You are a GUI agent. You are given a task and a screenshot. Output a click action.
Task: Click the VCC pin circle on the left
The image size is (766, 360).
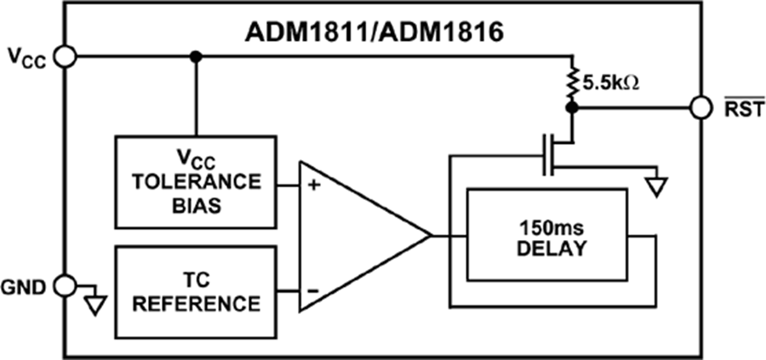tap(65, 56)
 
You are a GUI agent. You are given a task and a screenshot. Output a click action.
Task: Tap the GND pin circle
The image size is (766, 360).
tap(65, 286)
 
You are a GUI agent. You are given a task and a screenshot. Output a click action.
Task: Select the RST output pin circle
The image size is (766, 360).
tap(700, 109)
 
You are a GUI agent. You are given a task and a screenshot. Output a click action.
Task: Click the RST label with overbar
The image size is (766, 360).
tap(738, 109)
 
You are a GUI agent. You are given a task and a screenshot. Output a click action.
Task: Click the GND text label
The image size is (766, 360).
tap(26, 286)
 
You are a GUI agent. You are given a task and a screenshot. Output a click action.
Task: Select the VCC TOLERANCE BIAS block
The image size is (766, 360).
tap(195, 181)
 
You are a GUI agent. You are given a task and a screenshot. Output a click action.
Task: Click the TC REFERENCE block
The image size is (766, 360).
tap(195, 291)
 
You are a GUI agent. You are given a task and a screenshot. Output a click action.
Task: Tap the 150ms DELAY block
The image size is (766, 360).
tap(553, 236)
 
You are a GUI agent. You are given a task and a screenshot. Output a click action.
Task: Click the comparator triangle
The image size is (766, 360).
tap(357, 236)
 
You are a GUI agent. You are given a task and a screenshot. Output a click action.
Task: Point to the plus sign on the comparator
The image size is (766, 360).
tap(312, 182)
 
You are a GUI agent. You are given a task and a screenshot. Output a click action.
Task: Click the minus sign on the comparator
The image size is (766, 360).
tap(312, 290)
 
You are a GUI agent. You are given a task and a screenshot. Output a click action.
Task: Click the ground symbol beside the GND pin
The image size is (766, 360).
tap(96, 303)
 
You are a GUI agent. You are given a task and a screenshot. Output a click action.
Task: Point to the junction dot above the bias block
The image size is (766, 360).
tap(196, 56)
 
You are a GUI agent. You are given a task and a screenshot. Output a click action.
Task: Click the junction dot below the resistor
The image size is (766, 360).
tap(572, 109)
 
